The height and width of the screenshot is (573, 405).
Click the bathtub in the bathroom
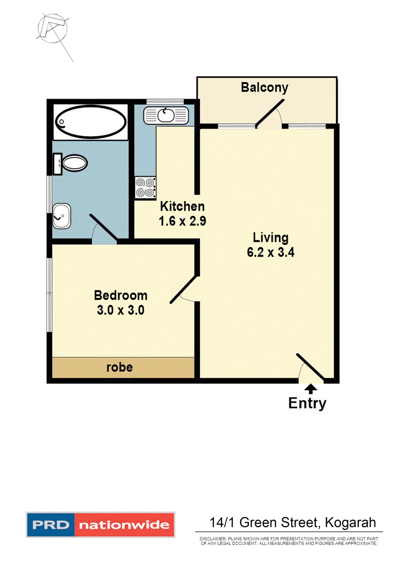tap(91, 122)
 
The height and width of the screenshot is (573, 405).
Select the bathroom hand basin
tap(62, 216)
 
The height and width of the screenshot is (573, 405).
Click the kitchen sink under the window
tap(166, 115)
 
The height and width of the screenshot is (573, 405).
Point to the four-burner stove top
tap(145, 188)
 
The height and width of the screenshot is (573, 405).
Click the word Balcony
tap(264, 88)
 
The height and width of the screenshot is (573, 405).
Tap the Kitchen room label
tap(182, 207)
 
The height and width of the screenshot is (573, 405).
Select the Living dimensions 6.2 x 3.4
tap(270, 253)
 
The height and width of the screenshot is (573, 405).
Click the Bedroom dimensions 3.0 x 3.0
tap(120, 310)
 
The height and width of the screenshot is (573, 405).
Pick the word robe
tap(119, 367)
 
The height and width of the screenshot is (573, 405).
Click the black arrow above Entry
tap(311, 389)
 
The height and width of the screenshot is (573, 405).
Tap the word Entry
tap(307, 403)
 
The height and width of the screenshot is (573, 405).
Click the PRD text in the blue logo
tap(50, 525)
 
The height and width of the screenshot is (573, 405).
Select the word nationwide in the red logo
tap(124, 525)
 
